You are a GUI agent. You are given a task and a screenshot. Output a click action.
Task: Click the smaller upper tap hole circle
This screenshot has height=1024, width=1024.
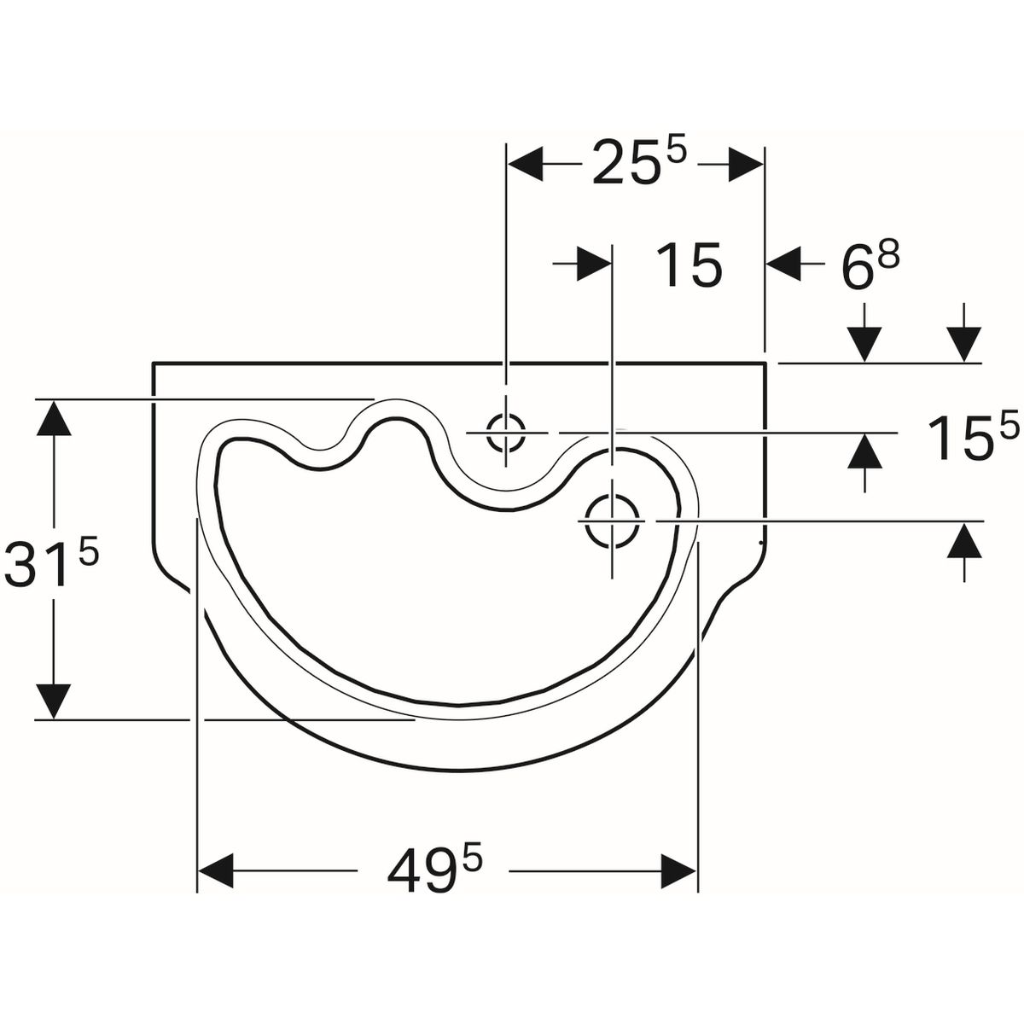point(506,433)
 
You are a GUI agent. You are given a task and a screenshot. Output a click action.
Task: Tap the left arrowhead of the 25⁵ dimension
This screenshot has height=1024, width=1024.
point(526,164)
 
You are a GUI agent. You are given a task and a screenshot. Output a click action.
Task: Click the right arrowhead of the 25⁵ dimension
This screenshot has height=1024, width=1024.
point(746,164)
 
